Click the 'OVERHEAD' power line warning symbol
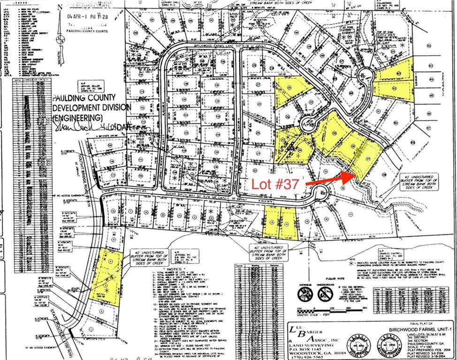[x=303, y=293]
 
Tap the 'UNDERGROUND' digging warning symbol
[x=325, y=293]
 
